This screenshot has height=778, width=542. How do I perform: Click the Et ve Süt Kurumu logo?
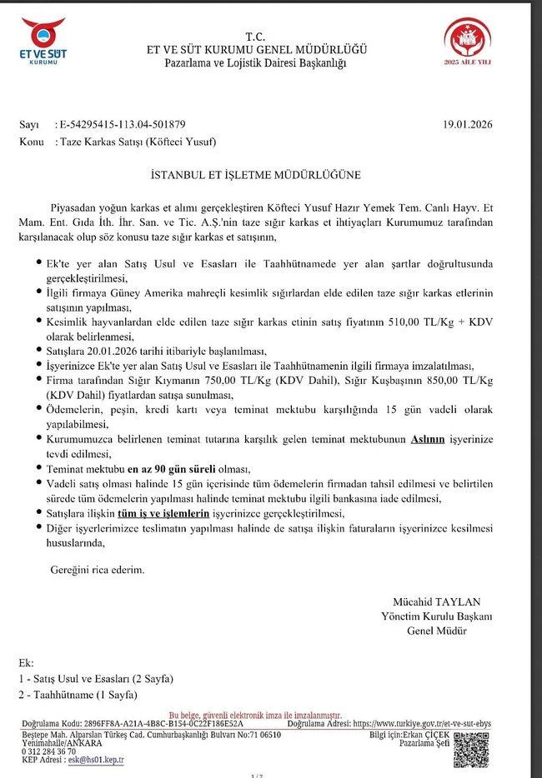[x=43, y=41]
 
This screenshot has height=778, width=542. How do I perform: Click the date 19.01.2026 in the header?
[x=468, y=125]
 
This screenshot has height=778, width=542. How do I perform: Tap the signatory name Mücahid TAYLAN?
[x=436, y=602]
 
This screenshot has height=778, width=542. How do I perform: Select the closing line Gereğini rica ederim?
[x=93, y=571]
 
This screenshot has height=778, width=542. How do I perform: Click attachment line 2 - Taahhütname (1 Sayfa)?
[x=78, y=694]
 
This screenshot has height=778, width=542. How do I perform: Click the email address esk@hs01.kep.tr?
[x=97, y=760]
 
